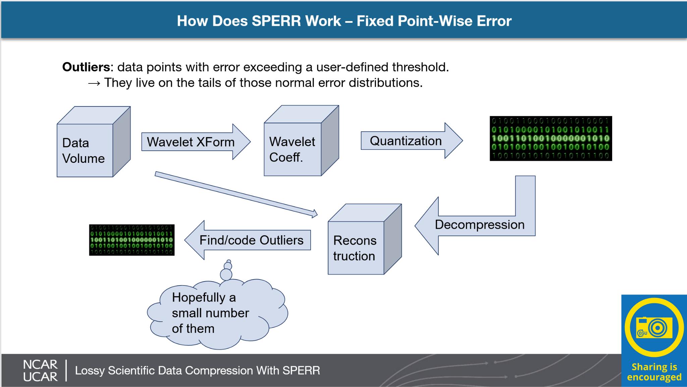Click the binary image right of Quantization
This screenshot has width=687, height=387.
(x=551, y=138)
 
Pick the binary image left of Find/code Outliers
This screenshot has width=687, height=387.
(x=131, y=240)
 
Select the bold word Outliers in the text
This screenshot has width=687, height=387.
(x=86, y=67)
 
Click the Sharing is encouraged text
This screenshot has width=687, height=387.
(x=654, y=372)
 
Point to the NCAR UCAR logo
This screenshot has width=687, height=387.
(x=40, y=371)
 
